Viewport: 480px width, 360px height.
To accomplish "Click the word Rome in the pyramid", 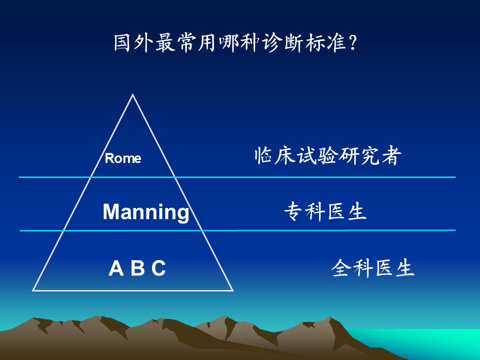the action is coord(123,158).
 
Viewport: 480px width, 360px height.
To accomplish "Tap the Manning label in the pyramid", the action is coord(146,212).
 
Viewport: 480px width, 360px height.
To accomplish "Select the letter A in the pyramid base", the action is coord(116,268).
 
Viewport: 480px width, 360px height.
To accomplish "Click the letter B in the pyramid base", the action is coord(138,268).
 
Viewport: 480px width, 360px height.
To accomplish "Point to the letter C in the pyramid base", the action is coord(158,268).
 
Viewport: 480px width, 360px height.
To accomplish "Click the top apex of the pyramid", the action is coord(132,94).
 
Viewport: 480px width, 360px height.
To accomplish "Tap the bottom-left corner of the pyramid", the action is coord(33,290).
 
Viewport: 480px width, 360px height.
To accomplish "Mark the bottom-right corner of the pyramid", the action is coord(232,290).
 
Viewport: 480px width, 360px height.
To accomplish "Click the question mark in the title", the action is coord(352,43).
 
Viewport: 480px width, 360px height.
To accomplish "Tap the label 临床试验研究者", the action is coord(327,156).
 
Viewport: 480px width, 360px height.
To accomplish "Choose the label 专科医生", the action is coord(325,211).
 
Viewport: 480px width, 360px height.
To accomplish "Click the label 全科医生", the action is coord(373,268).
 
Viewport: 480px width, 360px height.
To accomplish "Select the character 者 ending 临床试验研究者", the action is coord(391,156).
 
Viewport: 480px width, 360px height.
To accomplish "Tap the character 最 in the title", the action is coord(165,43).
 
